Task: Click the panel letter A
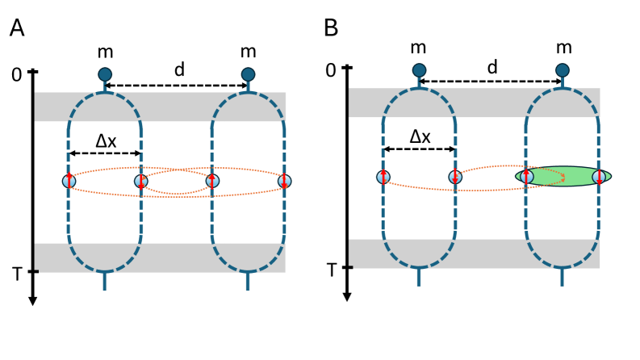17,29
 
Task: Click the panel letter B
331,29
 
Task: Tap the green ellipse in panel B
563,176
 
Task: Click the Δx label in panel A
106,140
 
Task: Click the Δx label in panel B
420,136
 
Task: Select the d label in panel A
179,70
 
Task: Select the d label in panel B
492,67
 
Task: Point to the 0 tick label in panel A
15,74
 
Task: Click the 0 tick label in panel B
329,70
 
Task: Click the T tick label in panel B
329,268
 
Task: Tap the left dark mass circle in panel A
105,75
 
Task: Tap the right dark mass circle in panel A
249,75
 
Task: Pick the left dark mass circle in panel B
419,71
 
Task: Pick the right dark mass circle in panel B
563,71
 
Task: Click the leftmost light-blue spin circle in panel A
69,181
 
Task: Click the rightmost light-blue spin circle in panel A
284,181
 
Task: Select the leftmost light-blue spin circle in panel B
383,177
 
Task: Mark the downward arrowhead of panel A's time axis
33,301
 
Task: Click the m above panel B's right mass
563,48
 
